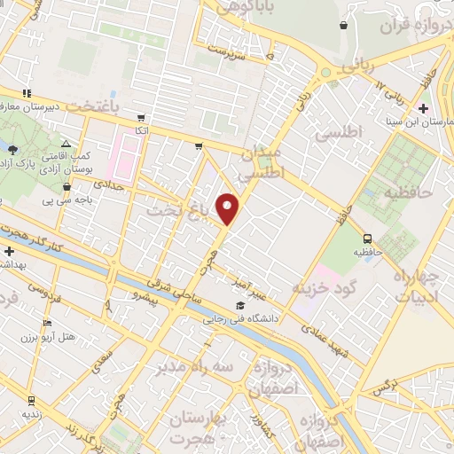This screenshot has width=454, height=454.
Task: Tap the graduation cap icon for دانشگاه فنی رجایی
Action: [x=239, y=306]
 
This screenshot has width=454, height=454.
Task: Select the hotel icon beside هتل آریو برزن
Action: [x=47, y=323]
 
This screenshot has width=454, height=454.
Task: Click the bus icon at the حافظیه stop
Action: [x=367, y=238]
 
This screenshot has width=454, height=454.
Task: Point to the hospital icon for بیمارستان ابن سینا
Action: [x=423, y=107]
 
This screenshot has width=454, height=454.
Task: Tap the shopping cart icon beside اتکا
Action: [x=140, y=117]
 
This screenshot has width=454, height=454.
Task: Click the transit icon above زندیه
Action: [x=32, y=400]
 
